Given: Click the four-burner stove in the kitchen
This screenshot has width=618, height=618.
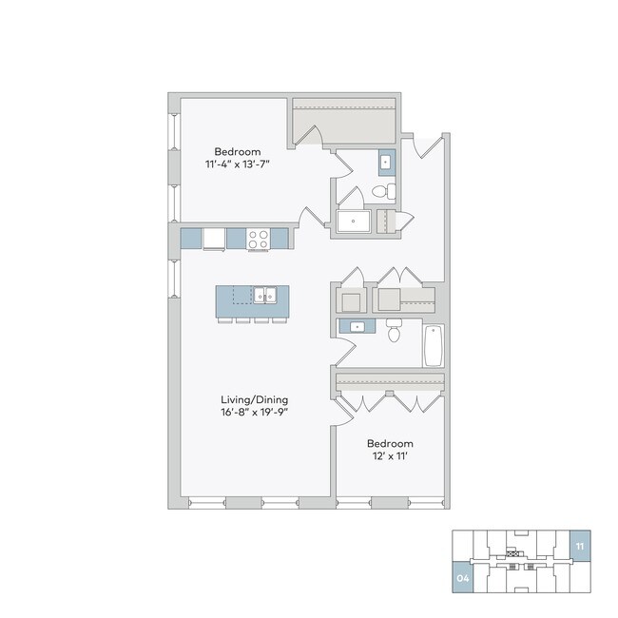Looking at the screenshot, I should tap(258, 238).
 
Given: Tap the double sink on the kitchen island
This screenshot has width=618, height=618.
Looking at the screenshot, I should tap(264, 296).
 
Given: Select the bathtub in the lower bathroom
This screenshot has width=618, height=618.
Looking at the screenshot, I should tap(434, 346).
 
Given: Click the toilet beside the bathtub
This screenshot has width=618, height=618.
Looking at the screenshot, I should tap(396, 332).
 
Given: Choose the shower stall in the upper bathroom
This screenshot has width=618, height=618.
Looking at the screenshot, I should tap(356, 222).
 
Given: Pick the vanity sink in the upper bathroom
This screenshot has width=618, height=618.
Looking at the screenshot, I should tap(385, 163).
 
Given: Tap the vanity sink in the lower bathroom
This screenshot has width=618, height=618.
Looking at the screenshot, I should tap(358, 327).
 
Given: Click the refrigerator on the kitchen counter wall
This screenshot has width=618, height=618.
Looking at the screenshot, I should tap(214, 238).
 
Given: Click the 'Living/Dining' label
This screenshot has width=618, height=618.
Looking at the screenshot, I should tap(256, 400).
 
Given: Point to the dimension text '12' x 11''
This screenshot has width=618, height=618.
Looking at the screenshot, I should tap(391, 457).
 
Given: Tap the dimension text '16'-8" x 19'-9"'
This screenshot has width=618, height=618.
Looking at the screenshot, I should tap(256, 414).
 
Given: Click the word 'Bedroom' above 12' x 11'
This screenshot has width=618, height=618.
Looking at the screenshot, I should tap(391, 444).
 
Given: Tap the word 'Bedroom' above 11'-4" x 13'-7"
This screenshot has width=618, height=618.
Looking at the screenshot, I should tap(237, 152).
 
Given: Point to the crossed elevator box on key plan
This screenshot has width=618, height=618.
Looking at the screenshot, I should tap(513, 552).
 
